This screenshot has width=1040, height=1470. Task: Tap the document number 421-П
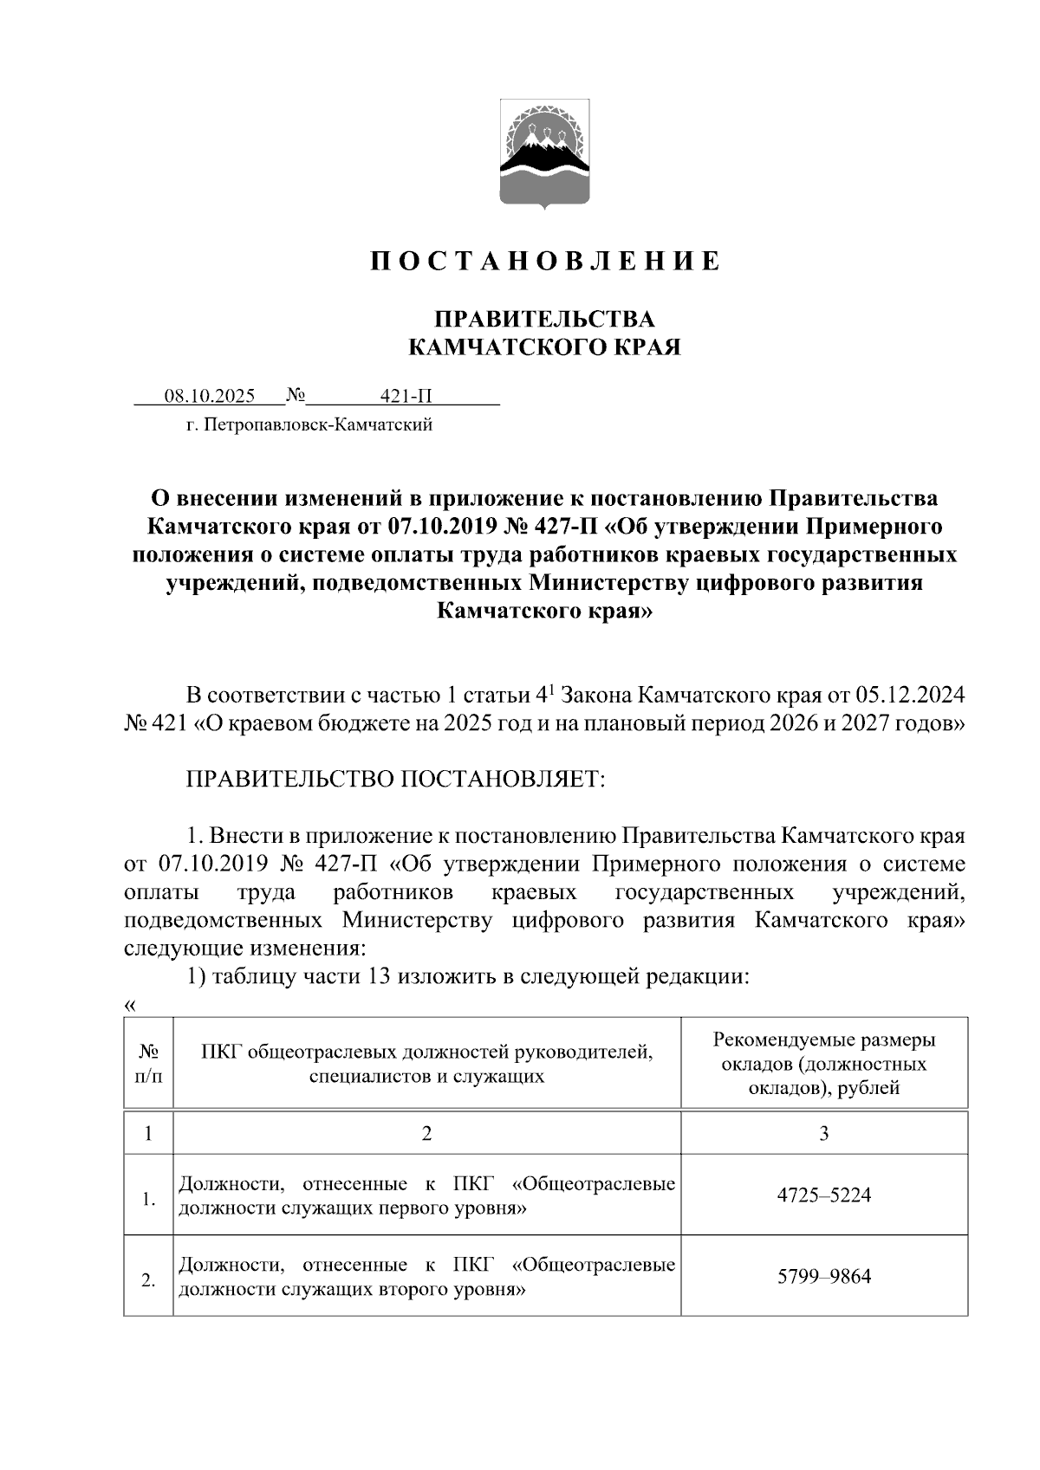pos(406,397)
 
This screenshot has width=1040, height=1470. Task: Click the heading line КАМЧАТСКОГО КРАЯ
pos(544,348)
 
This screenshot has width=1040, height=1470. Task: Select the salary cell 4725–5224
pos(823,1195)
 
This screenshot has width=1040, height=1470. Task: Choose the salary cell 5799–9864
pos(823,1277)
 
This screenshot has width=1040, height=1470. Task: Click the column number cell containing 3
pos(823,1133)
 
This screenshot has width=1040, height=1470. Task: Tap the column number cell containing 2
pos(426,1133)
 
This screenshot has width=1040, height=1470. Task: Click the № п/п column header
pos(148,1064)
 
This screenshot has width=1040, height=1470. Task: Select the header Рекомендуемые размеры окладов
pos(823,1064)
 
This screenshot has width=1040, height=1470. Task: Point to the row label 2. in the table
pos(148,1280)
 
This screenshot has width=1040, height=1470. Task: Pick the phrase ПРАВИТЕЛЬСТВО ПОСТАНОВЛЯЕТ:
pos(395,779)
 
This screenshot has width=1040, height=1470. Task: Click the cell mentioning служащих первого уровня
pos(426,1195)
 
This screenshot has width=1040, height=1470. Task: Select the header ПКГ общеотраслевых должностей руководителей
pos(426,1064)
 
